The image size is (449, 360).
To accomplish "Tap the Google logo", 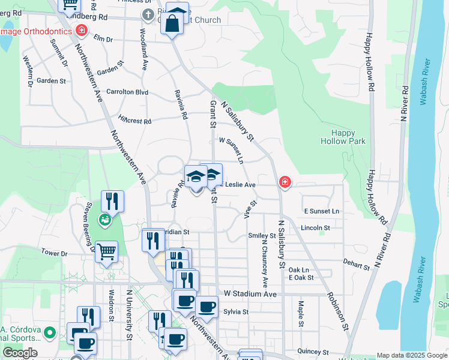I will coord(20,353).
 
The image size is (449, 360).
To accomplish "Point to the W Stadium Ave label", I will coord(250,294).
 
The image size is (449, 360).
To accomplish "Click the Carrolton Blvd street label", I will coord(127,92).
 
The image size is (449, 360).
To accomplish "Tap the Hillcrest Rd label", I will coord(135,120).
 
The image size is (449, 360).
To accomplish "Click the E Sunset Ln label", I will coord(321,211).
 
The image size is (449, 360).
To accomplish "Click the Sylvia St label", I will coord(235,312).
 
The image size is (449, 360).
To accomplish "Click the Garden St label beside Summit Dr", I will coord(51,80).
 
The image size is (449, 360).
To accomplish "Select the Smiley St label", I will coord(262,236).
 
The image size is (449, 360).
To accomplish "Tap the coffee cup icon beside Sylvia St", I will coord(206,307).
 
